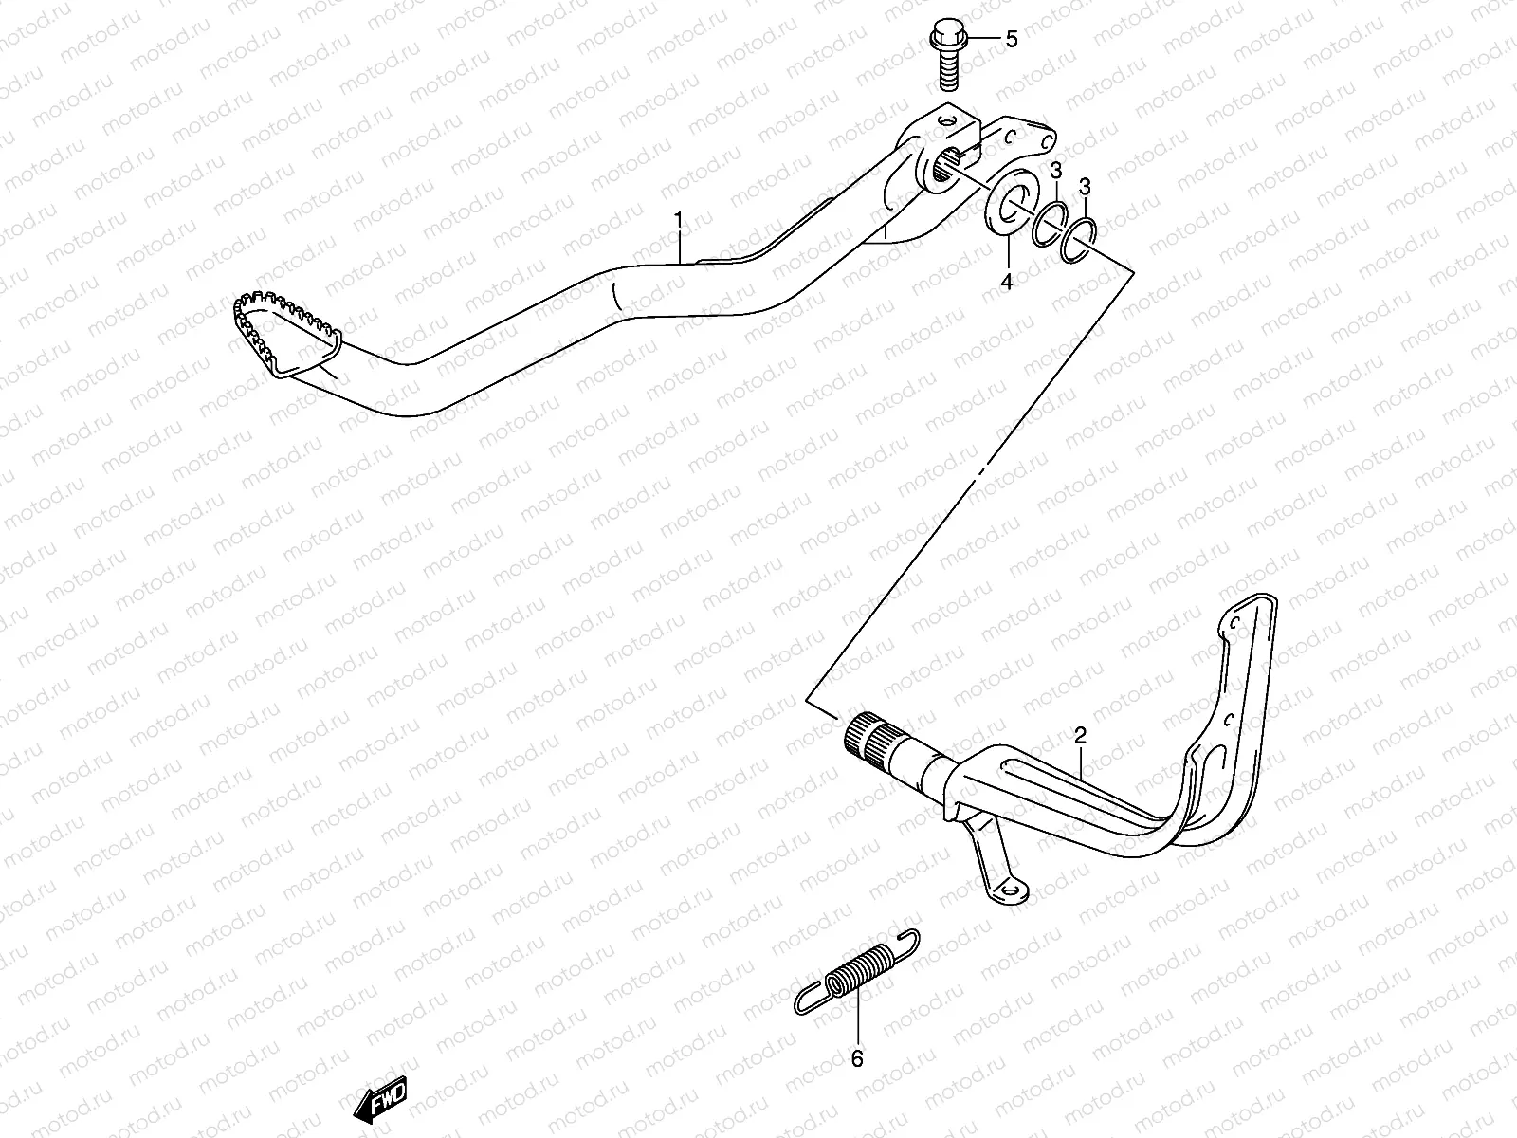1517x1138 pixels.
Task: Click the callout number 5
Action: [x=1011, y=40]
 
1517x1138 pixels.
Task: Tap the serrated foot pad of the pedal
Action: [x=284, y=332]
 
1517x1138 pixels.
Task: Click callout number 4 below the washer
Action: [x=1007, y=282]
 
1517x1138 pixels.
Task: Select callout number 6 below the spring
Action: [x=857, y=1058]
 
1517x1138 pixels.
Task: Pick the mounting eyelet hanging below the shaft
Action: [x=1011, y=890]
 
